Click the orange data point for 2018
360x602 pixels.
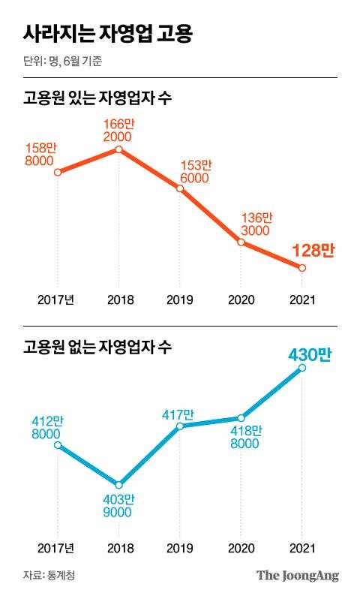tap(118, 149)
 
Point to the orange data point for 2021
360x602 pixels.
tap(301, 268)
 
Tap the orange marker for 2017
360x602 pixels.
tap(57, 173)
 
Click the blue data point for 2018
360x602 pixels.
tap(118, 484)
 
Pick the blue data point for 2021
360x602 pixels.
tap(301, 369)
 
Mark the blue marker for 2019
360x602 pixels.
tap(180, 426)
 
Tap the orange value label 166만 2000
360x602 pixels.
tap(118, 131)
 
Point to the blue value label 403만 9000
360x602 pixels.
tap(118, 505)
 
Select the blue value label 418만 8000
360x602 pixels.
tap(245, 437)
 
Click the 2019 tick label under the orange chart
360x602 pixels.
tap(180, 299)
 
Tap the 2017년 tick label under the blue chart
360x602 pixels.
tap(57, 548)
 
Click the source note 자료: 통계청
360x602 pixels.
tap(49, 576)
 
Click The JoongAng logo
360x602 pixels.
tap(298, 576)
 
